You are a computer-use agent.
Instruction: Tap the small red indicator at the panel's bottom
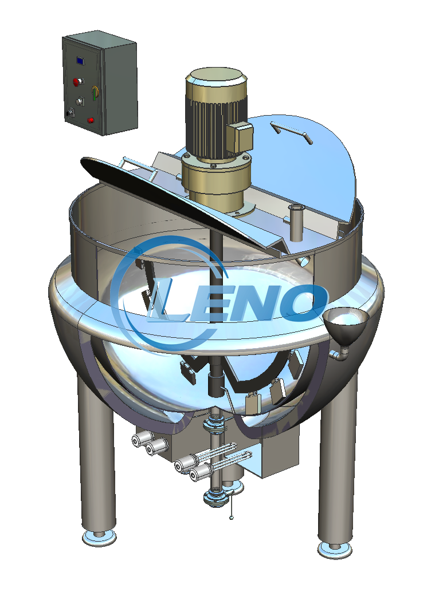tap(91, 120)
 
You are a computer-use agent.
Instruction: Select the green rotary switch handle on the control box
tap(94, 93)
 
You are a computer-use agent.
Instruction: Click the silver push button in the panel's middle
tap(80, 101)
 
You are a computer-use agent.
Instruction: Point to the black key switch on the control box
tap(69, 112)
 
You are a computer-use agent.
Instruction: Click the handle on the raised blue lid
tap(292, 132)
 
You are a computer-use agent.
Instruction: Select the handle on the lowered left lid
tap(138, 168)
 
